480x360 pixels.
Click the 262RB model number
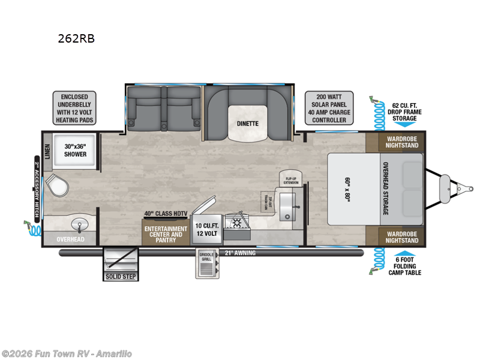click(x=76, y=39)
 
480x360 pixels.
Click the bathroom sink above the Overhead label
click(x=79, y=225)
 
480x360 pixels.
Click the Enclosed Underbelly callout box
click(x=74, y=108)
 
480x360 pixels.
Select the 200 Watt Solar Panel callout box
click(x=326, y=108)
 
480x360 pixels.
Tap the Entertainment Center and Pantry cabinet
click(x=165, y=234)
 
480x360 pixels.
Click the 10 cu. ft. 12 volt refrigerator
click(x=205, y=231)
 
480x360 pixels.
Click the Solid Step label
click(x=121, y=277)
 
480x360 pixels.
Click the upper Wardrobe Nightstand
click(x=394, y=142)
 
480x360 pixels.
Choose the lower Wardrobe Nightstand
click(x=394, y=236)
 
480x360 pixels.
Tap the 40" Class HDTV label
click(x=165, y=214)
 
